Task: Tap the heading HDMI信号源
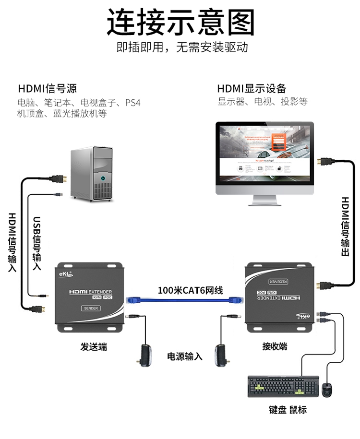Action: tap(47, 89)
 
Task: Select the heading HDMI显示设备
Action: tap(252, 89)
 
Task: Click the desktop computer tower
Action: tap(92, 173)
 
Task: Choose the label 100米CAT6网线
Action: tap(191, 290)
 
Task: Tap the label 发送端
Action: tap(94, 346)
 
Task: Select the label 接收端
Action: tap(275, 346)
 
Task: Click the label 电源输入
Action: tap(185, 356)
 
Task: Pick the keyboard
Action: tap(283, 387)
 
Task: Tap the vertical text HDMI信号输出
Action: tap(345, 226)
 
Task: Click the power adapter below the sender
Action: tap(144, 355)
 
